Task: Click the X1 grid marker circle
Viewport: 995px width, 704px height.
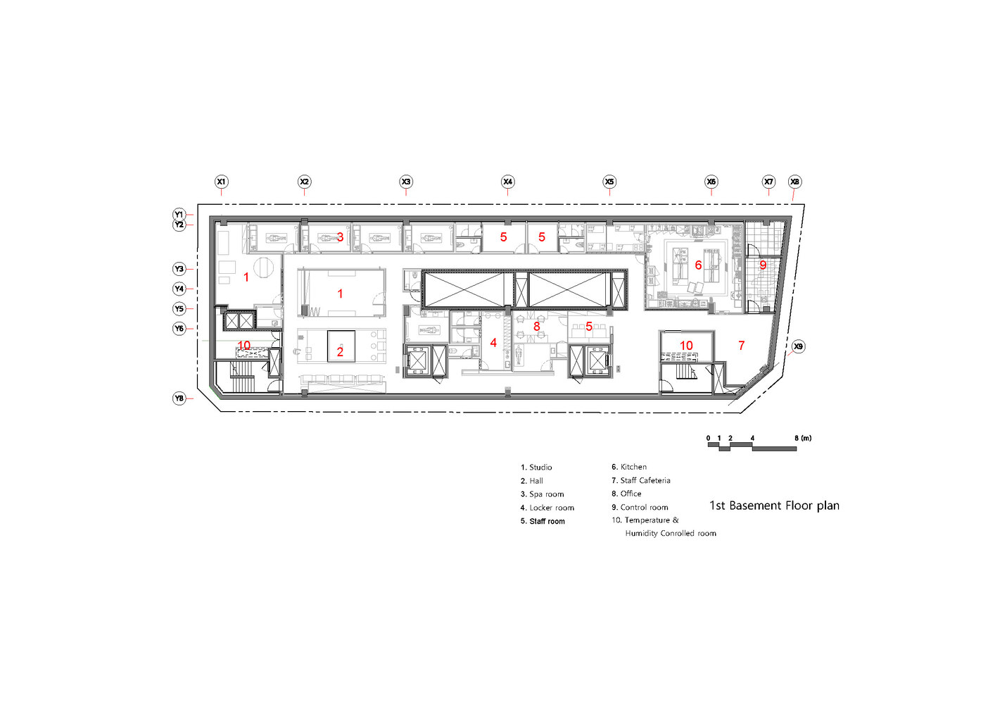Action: click(x=221, y=182)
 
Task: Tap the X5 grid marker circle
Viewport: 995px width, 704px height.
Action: click(x=609, y=182)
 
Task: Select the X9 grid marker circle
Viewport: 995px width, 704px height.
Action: click(x=798, y=346)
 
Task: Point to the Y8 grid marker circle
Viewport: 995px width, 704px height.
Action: click(x=179, y=398)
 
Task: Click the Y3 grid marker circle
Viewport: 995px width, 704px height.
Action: click(x=179, y=269)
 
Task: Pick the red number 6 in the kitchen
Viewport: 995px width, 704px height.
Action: click(x=698, y=265)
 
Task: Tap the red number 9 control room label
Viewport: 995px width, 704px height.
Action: click(x=762, y=265)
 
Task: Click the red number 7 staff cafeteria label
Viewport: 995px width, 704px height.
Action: click(x=741, y=345)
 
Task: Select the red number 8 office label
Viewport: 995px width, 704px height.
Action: click(x=537, y=327)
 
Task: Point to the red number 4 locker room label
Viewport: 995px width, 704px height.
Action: click(x=493, y=343)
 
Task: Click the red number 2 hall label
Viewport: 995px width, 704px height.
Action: click(x=340, y=352)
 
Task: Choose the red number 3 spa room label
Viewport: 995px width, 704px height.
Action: click(x=340, y=237)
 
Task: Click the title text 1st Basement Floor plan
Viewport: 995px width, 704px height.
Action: click(x=774, y=505)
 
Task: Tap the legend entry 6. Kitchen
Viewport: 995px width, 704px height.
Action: click(x=629, y=467)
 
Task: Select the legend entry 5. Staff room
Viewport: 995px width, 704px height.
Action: click(x=543, y=521)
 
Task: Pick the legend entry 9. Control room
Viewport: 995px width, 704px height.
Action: click(x=640, y=507)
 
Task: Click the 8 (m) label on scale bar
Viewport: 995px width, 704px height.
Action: click(x=803, y=438)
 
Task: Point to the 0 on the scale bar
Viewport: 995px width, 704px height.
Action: click(x=708, y=438)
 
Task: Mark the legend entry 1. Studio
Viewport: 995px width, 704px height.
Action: click(x=536, y=467)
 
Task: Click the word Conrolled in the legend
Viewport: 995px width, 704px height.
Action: click(x=677, y=534)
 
